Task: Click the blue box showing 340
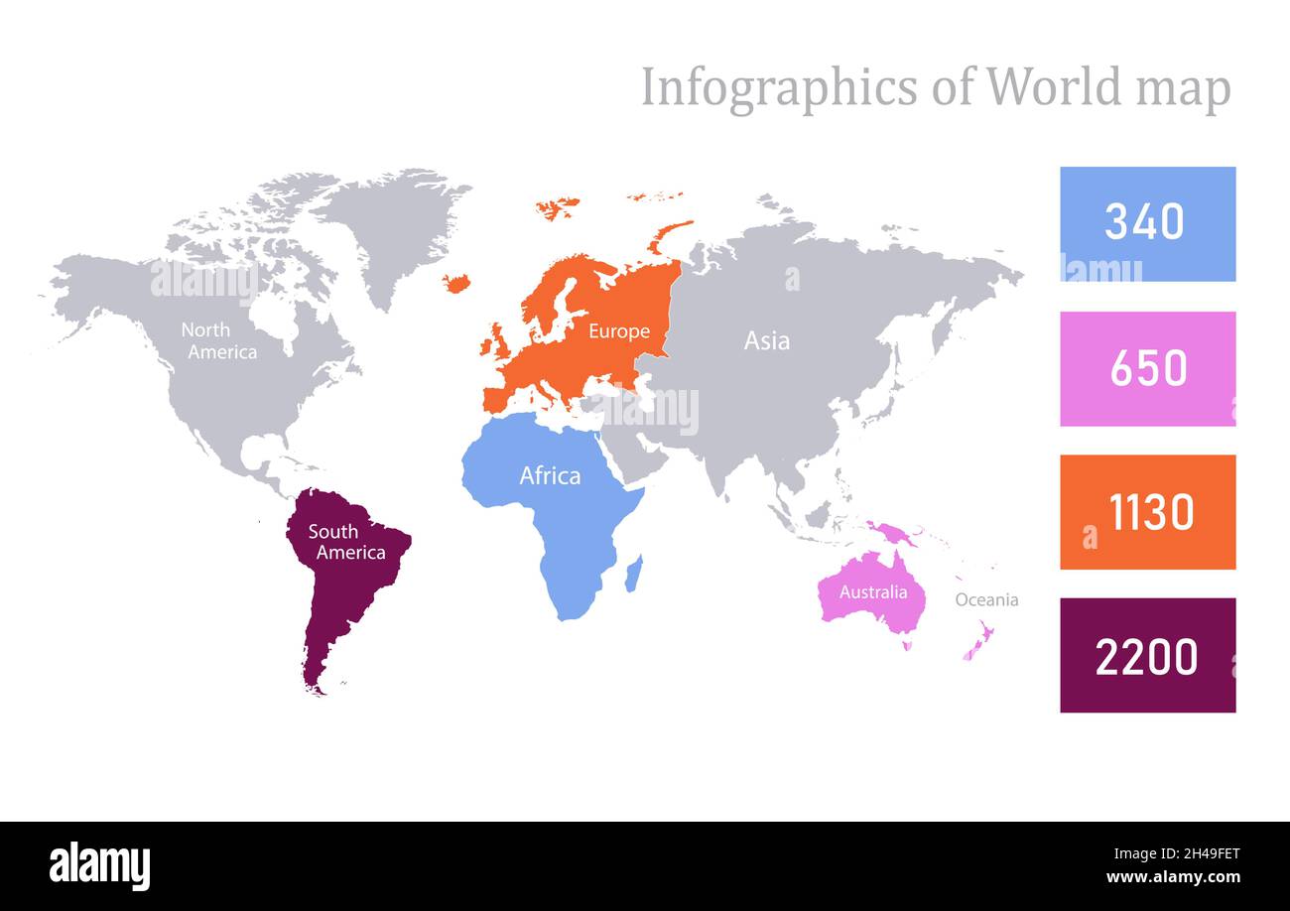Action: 1147,223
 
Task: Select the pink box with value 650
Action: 1147,368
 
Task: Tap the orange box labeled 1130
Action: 1147,512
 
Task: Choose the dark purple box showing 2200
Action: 1147,655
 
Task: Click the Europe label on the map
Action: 618,331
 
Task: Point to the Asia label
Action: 767,340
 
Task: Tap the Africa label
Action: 550,476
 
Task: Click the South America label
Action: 345,542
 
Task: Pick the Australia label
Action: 873,592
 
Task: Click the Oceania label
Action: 986,599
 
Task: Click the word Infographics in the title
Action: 778,87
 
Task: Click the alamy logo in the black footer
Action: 99,866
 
